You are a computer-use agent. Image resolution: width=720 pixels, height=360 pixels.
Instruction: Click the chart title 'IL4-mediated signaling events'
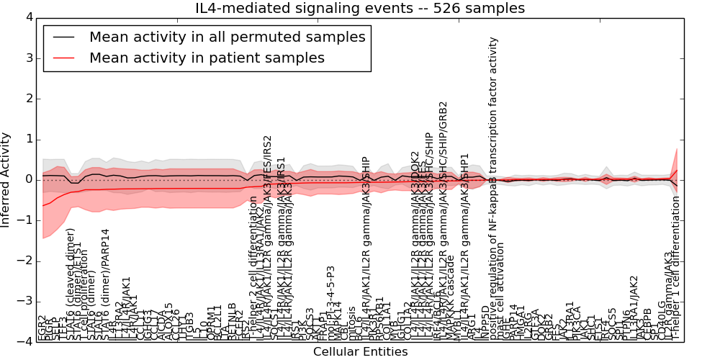click(360, 8)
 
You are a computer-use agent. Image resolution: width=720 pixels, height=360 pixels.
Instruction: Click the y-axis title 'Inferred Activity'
click(6, 179)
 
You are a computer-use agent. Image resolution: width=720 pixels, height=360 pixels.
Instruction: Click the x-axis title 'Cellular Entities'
click(360, 351)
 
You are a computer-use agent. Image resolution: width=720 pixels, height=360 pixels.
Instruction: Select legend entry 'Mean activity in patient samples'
click(207, 58)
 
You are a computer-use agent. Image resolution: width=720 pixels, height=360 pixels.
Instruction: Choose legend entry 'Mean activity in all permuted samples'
click(227, 37)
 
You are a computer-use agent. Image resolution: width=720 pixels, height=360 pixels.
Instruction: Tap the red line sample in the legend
click(63, 58)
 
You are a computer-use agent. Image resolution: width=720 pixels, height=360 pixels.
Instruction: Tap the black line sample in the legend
click(63, 37)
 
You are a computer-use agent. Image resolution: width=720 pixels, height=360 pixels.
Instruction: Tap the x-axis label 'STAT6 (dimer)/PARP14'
click(105, 284)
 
